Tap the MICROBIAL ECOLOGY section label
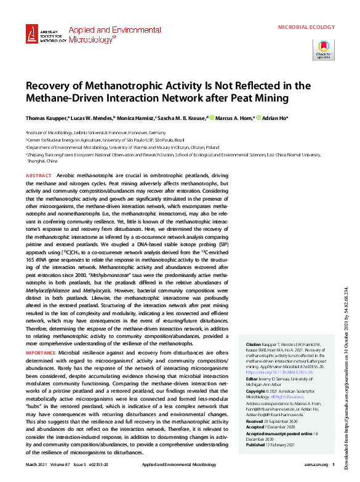pyautogui.click(x=306, y=28)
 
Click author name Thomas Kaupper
pyautogui.click(x=46, y=117)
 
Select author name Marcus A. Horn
pyautogui.click(x=231, y=117)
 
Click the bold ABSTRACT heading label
pyautogui.click(x=38, y=176)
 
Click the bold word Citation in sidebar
pyautogui.click(x=254, y=344)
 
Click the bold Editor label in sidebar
pyautogui.click(x=252, y=379)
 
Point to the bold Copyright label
pyautogui.click(x=257, y=392)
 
